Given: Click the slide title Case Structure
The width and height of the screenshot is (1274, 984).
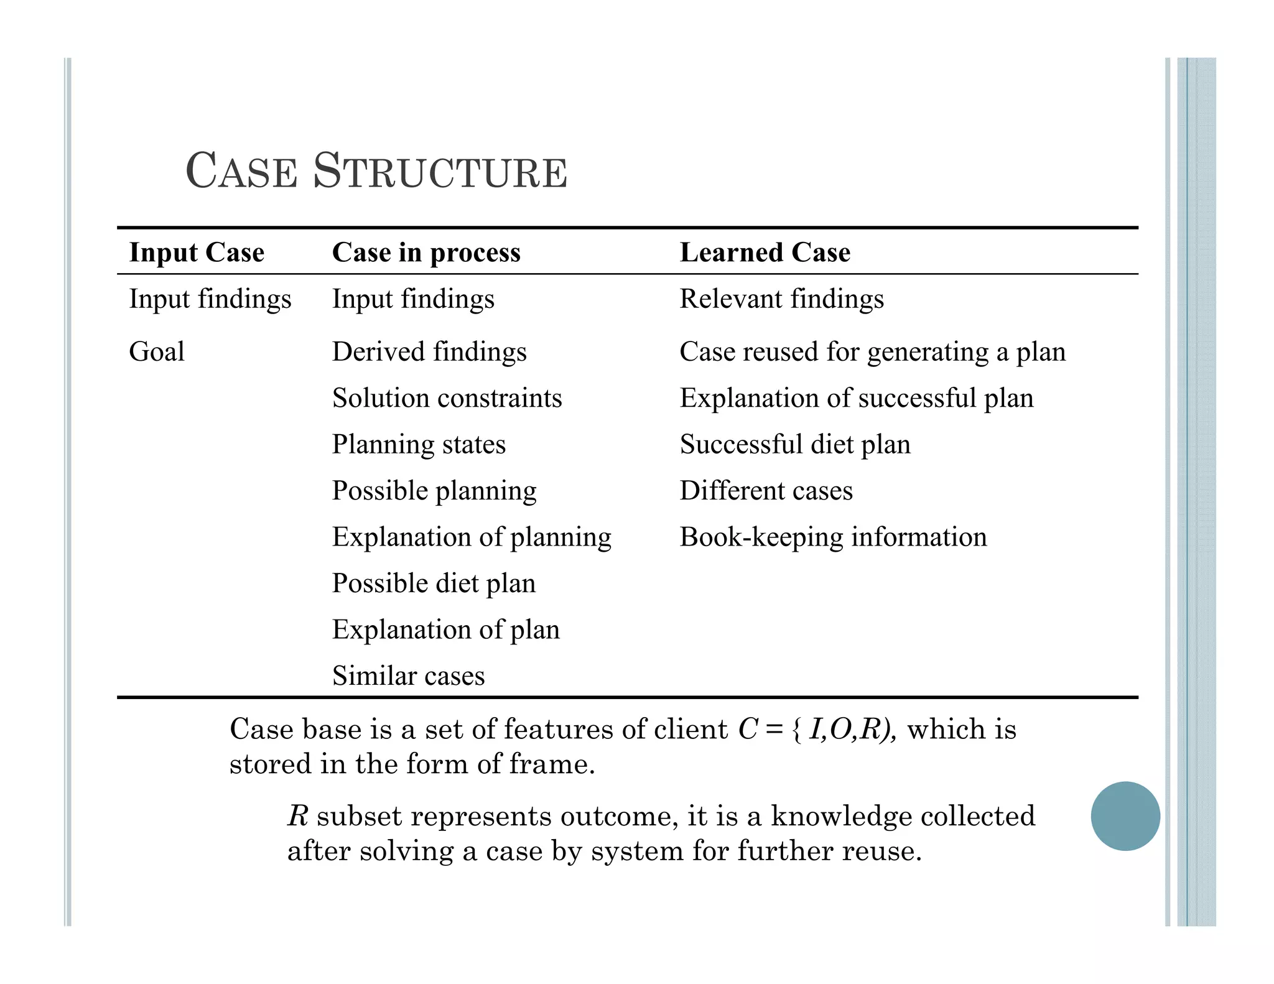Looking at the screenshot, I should click(376, 171).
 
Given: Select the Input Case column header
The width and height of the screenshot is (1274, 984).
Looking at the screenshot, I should click(197, 253).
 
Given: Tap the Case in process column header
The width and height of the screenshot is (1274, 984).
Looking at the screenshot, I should click(426, 253).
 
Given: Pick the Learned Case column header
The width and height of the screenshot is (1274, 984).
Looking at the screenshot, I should click(765, 253).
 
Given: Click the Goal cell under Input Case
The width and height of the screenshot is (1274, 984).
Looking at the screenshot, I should click(157, 351).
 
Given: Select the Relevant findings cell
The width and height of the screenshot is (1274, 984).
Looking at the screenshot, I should click(781, 299).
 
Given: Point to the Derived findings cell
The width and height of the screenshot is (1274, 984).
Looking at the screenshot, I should click(429, 351).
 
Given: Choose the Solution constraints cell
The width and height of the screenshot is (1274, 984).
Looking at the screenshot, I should click(447, 398).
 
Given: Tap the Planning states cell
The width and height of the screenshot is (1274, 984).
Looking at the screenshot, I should click(419, 444).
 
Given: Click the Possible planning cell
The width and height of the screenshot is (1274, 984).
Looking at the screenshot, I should click(434, 491).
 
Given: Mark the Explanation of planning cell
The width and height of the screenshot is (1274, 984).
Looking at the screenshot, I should click(472, 537).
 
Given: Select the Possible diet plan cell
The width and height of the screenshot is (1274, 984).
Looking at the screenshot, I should click(434, 583).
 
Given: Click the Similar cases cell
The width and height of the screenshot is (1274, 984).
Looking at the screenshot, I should click(408, 675).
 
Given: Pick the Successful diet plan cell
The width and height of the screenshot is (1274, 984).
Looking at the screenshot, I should click(795, 444).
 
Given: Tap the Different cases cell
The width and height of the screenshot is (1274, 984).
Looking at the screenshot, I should click(766, 491).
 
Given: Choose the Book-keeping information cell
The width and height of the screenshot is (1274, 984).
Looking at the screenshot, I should click(833, 537).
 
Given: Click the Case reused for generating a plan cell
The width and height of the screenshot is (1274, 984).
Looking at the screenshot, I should click(872, 351).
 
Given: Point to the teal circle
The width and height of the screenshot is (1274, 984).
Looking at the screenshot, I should click(1125, 815).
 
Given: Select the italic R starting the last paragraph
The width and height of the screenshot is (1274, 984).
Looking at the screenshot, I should click(298, 816).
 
